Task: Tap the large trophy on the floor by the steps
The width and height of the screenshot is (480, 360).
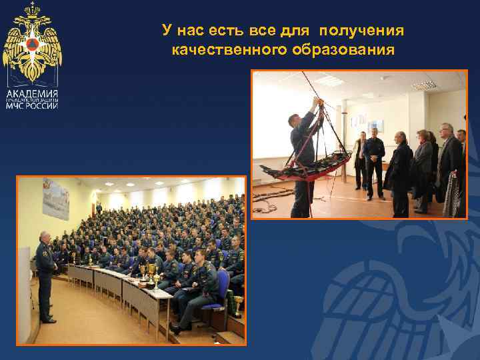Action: [237, 305]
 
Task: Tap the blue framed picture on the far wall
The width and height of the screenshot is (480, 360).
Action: [375, 126]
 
